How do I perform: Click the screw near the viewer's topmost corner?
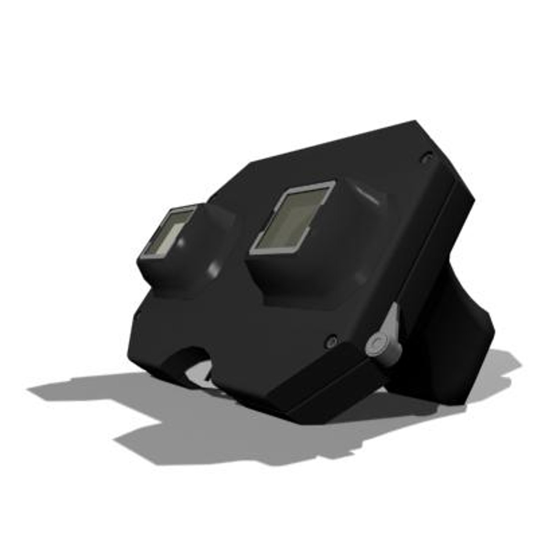pyautogui.click(x=426, y=158)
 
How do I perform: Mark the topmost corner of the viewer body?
pyautogui.click(x=415, y=122)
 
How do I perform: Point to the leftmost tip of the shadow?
pyautogui.click(x=30, y=389)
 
